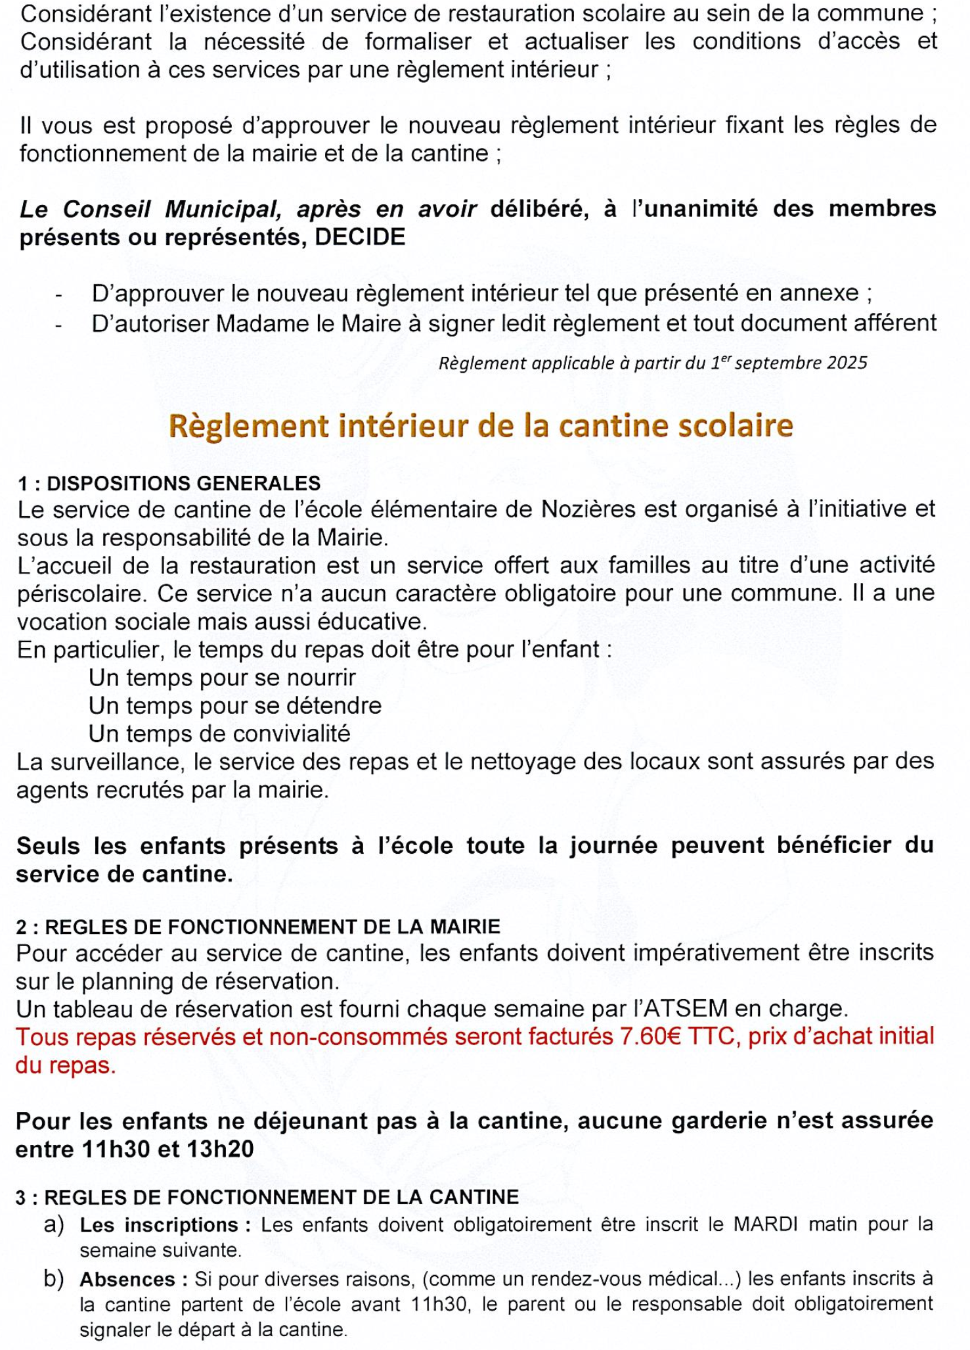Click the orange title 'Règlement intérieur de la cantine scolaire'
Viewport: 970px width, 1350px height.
point(481,427)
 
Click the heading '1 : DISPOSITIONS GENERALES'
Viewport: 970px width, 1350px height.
point(169,483)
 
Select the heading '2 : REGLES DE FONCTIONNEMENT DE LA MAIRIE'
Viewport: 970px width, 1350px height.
point(258,927)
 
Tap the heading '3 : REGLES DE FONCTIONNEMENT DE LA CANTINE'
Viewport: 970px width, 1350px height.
point(267,1197)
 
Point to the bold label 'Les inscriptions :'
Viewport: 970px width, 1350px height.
point(166,1225)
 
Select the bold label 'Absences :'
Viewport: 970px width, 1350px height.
point(134,1280)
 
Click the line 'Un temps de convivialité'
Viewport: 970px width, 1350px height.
point(219,733)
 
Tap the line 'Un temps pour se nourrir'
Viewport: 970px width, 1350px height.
point(222,677)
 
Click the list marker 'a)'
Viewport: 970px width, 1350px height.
point(54,1224)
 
